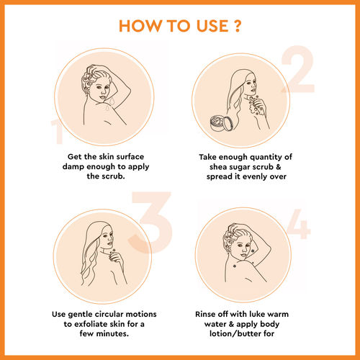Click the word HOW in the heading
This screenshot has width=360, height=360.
[140, 26]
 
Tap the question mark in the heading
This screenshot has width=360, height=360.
[238, 26]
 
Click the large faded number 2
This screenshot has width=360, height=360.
[298, 69]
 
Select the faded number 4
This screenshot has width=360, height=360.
[299, 224]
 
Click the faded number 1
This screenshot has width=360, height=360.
[57, 132]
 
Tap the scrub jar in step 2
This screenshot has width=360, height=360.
[221, 123]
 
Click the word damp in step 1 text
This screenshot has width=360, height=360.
[73, 167]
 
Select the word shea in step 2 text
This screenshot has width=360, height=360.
[218, 167]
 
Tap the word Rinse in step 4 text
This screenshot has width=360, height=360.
[205, 314]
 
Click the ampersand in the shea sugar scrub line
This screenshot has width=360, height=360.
[279, 167]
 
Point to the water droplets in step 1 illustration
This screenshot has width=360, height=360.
[110, 103]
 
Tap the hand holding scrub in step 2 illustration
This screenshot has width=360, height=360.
[258, 105]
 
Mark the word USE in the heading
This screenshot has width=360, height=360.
[212, 26]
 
